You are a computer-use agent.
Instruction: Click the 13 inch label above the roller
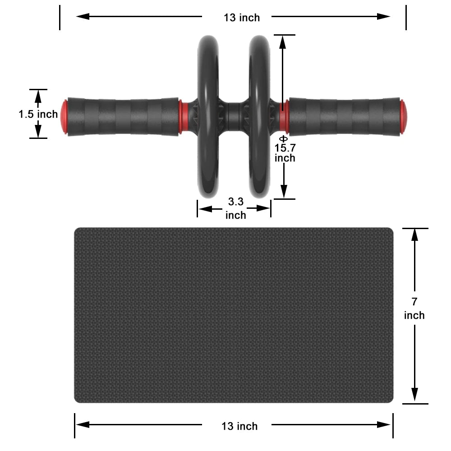pyautogui.click(x=242, y=18)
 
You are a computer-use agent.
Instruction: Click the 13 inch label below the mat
pyautogui.click(x=239, y=426)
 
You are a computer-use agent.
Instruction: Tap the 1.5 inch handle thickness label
pyautogui.click(x=38, y=114)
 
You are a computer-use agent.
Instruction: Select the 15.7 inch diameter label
pyautogui.click(x=285, y=152)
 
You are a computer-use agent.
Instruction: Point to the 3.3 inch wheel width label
pyautogui.click(x=235, y=208)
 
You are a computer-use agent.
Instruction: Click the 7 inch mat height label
pyautogui.click(x=414, y=308)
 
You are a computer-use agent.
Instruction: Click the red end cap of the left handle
pyautogui.click(x=64, y=116)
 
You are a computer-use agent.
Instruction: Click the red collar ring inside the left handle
pyautogui.click(x=183, y=117)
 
